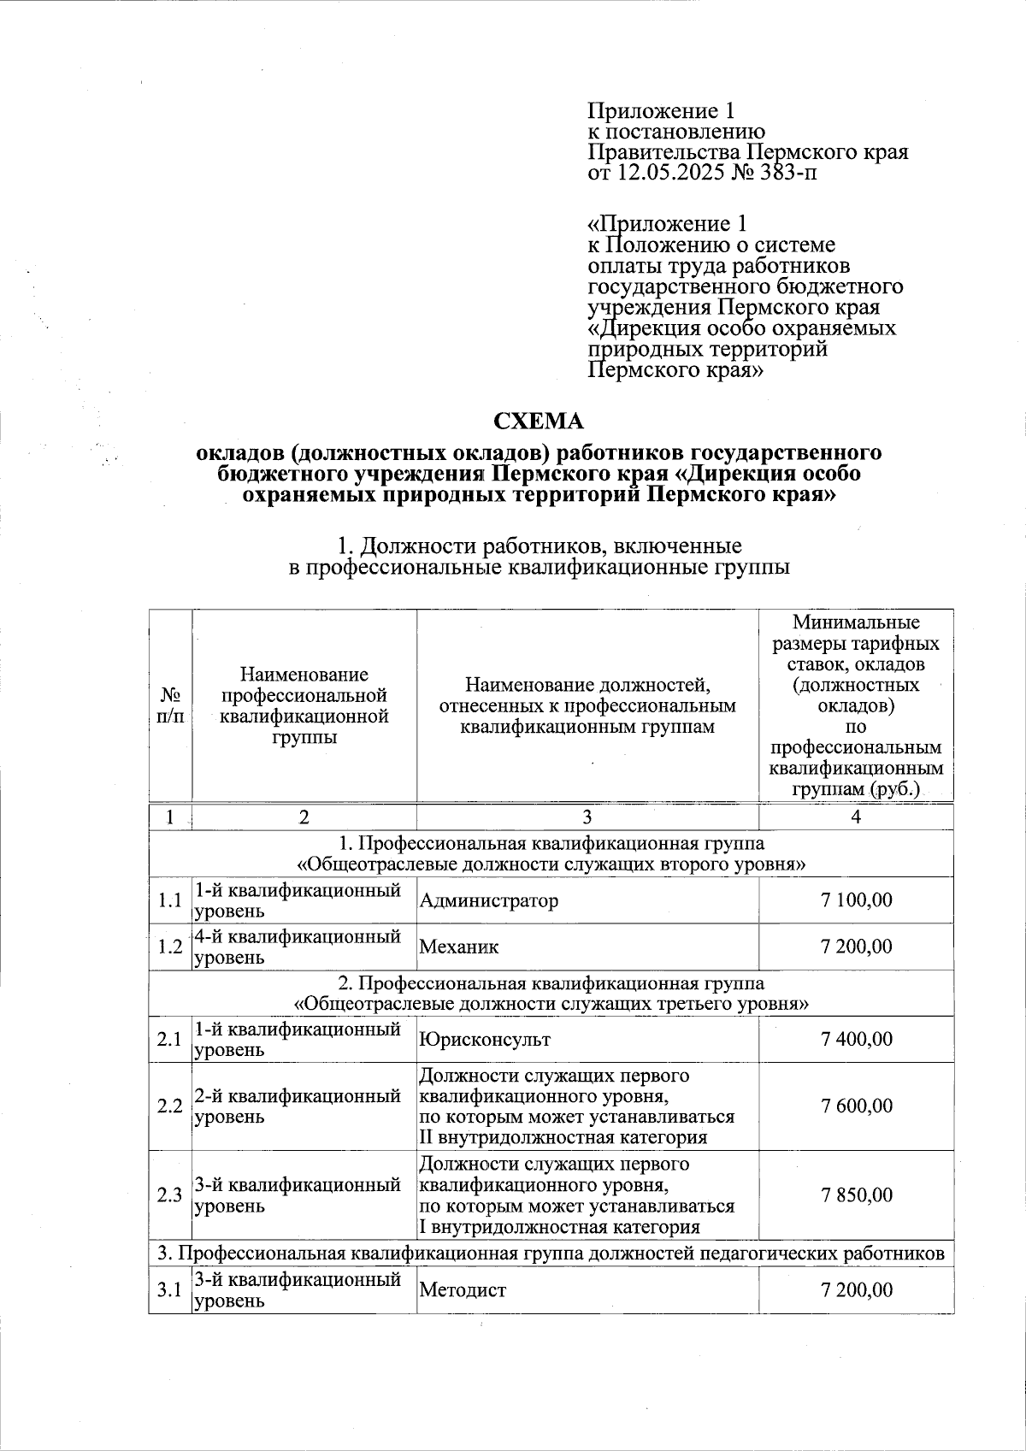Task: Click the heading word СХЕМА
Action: (540, 421)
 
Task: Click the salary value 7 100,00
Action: (856, 900)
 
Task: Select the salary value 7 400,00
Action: (856, 1039)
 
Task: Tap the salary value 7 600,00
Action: (856, 1106)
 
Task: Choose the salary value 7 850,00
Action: (856, 1195)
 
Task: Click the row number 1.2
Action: (170, 947)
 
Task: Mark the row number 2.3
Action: (170, 1195)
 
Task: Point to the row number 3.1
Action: (170, 1290)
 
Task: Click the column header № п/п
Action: (170, 706)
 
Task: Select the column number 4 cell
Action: (856, 817)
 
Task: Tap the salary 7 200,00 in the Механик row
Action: (856, 947)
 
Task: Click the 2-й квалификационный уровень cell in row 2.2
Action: (298, 1106)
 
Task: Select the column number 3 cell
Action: (587, 817)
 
